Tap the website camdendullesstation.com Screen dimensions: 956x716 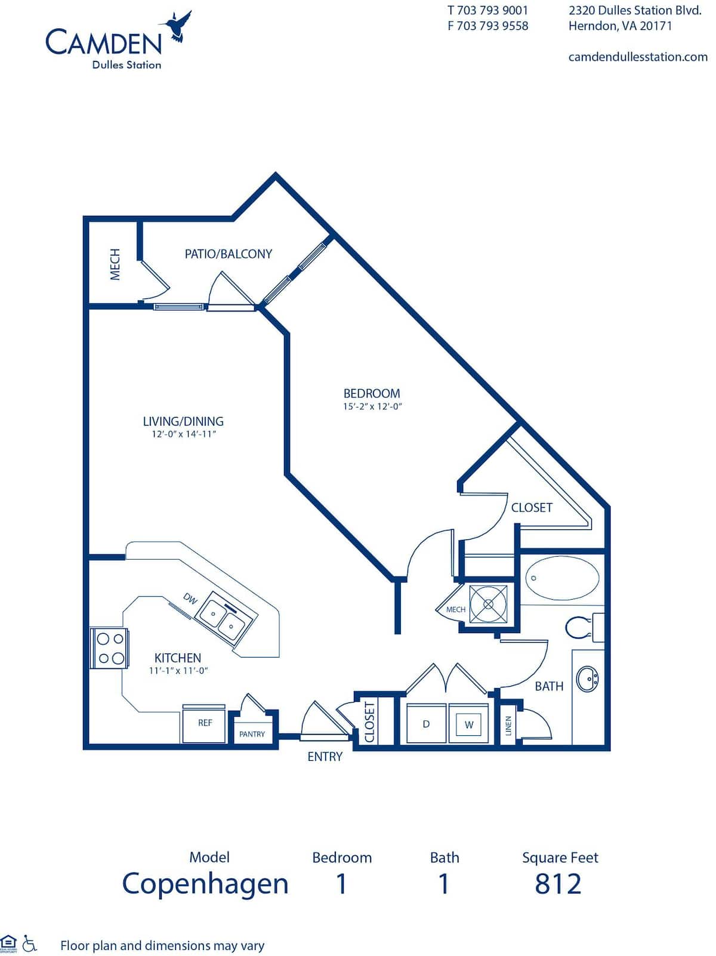click(637, 57)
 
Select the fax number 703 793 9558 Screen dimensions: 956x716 click(488, 26)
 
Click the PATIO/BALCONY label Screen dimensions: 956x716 click(228, 254)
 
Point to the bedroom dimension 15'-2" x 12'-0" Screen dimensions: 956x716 click(374, 407)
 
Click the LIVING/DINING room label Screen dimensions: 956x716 click(183, 421)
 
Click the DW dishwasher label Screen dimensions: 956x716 click(190, 598)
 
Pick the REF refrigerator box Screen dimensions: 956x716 click(205, 723)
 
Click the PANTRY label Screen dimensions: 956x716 click(252, 734)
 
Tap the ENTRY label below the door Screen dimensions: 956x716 click(325, 756)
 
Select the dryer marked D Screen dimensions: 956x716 click(426, 724)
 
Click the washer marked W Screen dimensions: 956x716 click(469, 724)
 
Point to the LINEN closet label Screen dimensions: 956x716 click(508, 726)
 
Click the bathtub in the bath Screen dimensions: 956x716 click(561, 578)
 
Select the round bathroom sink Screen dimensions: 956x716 click(587, 679)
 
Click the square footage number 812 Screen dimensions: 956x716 click(558, 884)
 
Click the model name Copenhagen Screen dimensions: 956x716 click(205, 884)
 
